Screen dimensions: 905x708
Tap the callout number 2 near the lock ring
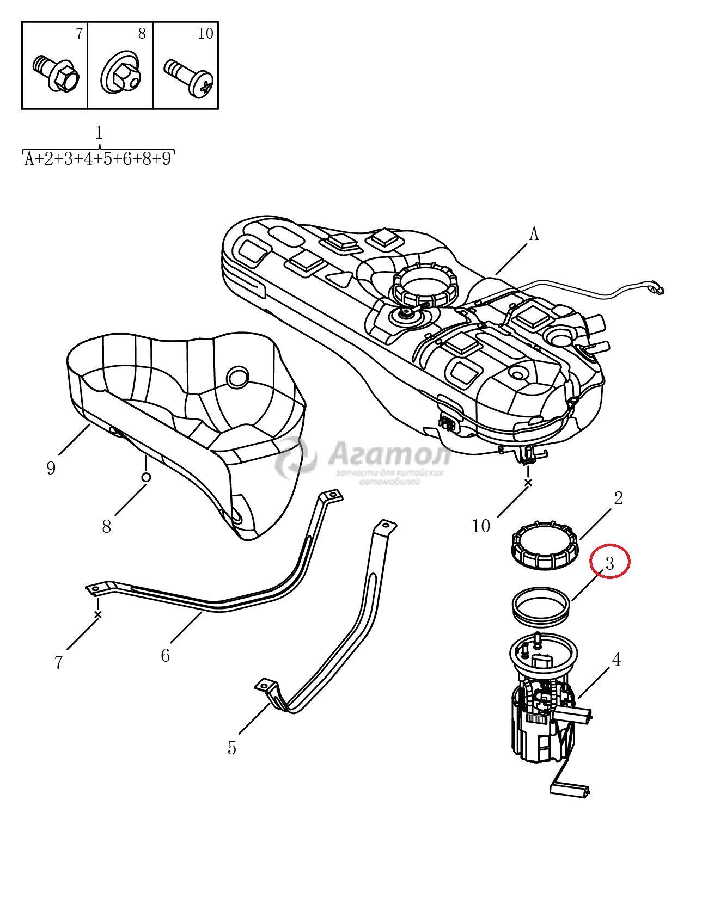pos(618,498)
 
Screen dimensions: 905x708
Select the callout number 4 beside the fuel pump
pos(616,660)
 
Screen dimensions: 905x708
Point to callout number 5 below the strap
pos(232,748)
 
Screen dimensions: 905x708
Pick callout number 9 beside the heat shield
pos(51,468)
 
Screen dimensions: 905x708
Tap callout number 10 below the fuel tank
pos(481,526)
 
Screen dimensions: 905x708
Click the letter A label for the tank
pos(534,234)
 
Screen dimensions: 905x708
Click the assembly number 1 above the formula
pos(99,133)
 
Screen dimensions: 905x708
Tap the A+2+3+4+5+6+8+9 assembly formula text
pos(99,159)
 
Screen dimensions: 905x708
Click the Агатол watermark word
pos(390,453)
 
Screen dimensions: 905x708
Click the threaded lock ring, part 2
pos(545,547)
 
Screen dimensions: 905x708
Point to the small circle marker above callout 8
pos(146,477)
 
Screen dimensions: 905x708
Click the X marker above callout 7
pos(98,615)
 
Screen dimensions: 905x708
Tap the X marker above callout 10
pos(527,483)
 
